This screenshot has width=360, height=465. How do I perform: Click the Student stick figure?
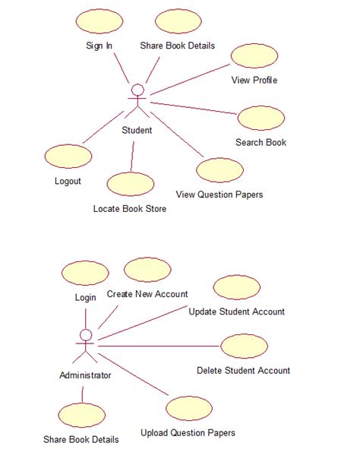(x=137, y=103)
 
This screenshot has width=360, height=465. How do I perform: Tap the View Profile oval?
(x=254, y=55)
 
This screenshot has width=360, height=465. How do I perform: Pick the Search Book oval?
(x=261, y=118)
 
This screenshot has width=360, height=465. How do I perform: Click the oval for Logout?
(x=68, y=156)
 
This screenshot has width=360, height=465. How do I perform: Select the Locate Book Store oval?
(x=131, y=184)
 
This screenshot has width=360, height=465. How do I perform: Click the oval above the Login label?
(x=85, y=273)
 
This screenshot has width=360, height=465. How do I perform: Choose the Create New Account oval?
(x=147, y=270)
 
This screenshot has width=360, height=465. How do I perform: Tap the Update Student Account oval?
(x=237, y=288)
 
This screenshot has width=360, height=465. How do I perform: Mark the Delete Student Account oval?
(x=244, y=346)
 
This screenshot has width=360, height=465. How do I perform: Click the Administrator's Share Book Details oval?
(x=81, y=415)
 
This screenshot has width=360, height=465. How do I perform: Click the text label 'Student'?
(x=137, y=130)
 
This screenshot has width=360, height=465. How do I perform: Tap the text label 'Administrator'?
(x=85, y=375)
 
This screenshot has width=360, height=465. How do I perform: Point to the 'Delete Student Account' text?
(x=243, y=371)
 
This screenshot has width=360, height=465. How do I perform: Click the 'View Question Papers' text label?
(x=219, y=195)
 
